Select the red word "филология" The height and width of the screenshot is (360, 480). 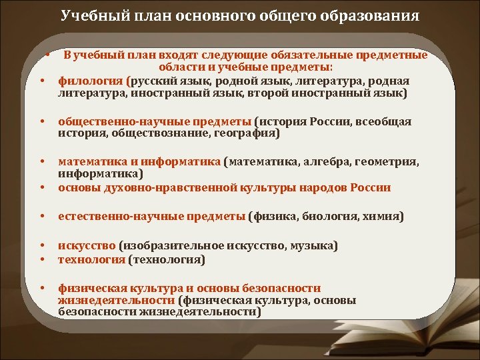click(x=86, y=81)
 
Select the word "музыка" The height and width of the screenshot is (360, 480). click(x=313, y=246)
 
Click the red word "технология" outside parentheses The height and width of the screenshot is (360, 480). click(x=91, y=259)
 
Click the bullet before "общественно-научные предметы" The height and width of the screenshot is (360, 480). click(x=42, y=122)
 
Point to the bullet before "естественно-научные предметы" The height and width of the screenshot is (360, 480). click(x=42, y=217)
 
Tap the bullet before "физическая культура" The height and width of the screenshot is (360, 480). click(x=42, y=289)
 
